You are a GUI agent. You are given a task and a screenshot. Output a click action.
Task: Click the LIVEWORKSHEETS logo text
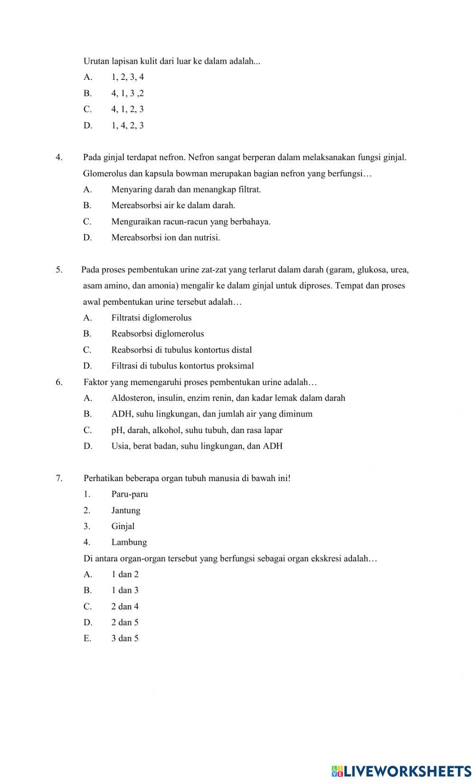401,771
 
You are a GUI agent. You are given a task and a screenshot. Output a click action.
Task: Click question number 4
59,157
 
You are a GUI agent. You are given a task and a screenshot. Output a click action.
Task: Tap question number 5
59,270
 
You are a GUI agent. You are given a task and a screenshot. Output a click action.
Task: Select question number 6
59,382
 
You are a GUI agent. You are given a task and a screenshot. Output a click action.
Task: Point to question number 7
59,478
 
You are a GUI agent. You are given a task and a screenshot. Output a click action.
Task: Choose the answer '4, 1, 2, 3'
127,109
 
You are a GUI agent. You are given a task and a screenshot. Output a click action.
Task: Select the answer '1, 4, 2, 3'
127,125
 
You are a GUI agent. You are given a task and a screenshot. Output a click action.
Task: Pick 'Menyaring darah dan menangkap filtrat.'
186,190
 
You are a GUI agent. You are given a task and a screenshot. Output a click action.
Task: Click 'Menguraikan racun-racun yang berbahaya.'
191,222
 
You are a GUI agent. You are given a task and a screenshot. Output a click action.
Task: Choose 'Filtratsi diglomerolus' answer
152,318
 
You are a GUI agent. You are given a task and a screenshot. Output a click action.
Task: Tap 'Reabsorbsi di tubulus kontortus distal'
181,350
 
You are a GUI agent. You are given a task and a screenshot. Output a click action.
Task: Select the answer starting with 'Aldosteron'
228,398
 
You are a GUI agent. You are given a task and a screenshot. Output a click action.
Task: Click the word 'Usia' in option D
121,446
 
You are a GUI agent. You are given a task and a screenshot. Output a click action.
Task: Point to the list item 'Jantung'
126,511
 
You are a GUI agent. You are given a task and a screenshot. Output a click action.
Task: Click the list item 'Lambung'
129,542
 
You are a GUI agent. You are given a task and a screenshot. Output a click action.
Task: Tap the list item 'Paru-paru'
130,494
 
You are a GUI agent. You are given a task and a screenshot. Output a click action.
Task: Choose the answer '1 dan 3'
125,590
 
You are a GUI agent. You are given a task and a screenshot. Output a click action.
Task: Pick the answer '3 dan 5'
125,638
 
